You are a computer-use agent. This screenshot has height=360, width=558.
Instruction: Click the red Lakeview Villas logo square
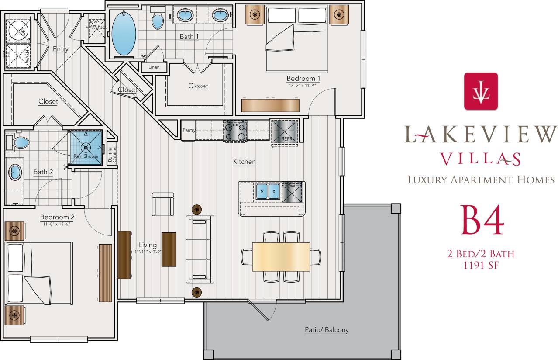pos(481,91)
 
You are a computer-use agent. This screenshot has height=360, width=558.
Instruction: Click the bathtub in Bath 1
pos(124,34)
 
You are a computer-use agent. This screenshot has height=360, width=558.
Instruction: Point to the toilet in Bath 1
pos(157,19)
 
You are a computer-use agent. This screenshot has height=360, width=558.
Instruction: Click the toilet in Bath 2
pos(18,142)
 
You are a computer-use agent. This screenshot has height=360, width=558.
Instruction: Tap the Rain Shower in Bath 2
pos(86,146)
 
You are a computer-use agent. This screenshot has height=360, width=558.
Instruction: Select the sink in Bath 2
pos(15,172)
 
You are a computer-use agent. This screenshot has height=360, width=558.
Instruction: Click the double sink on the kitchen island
pos(267,190)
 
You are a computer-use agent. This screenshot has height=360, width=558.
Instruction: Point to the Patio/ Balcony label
pos(327,330)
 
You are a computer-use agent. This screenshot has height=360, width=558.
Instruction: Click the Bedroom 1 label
pos(303,79)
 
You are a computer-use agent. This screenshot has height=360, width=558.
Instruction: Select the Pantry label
pos(189,130)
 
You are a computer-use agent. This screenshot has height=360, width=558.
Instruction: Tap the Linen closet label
pos(154,67)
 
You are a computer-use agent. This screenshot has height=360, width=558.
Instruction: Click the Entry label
pos(60,49)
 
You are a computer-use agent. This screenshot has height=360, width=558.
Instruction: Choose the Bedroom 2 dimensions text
pos(57,224)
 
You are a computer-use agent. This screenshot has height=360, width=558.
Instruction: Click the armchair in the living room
pos(163,204)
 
